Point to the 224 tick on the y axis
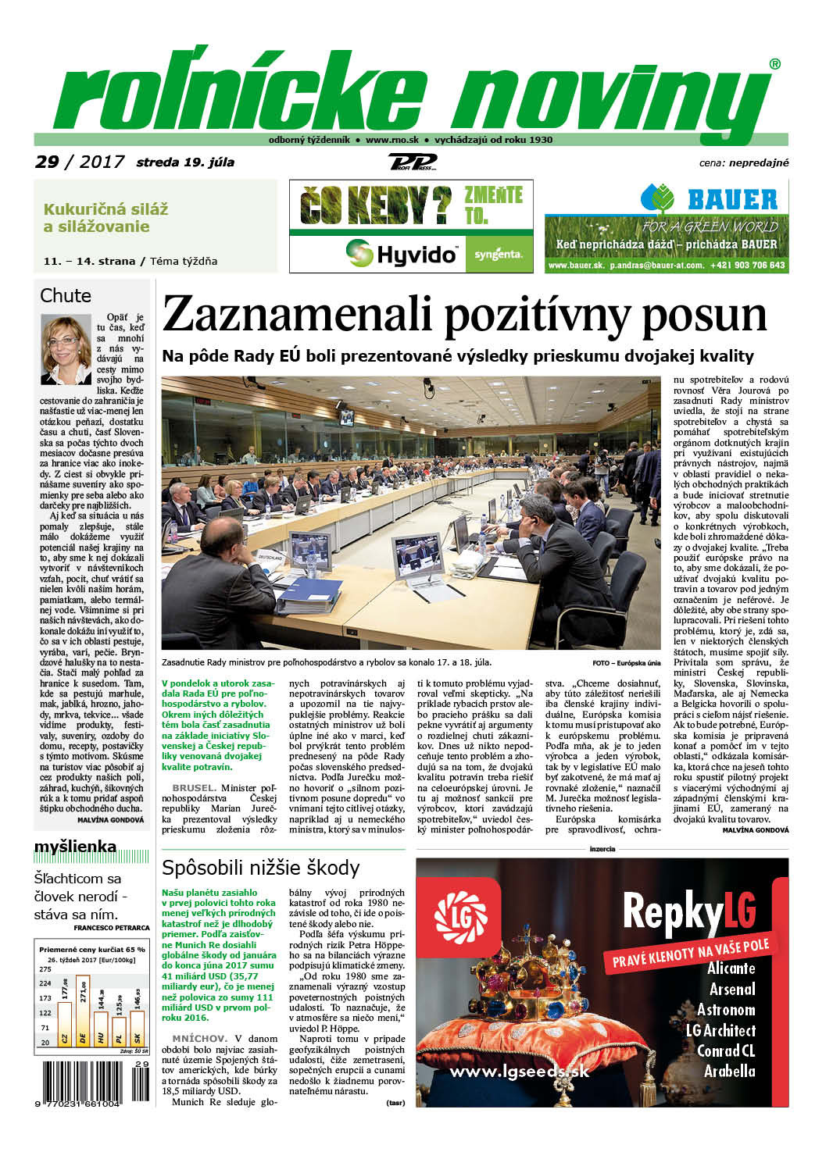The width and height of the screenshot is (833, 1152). click(45, 983)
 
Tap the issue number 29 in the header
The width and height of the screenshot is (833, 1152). click(47, 162)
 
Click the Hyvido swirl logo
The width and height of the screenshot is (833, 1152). click(359, 253)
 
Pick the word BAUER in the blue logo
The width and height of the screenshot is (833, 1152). click(732, 200)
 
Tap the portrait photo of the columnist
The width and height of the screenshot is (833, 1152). click(66, 349)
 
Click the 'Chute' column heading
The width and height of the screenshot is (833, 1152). click(66, 296)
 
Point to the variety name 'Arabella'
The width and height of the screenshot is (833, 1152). click(729, 1072)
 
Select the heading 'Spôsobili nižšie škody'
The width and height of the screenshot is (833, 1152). click(260, 868)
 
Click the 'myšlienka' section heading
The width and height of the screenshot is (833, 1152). click(75, 847)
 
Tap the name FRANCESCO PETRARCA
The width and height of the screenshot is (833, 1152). click(111, 928)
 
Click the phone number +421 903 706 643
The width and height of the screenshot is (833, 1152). click(747, 266)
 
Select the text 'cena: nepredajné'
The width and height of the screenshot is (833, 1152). click(743, 163)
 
